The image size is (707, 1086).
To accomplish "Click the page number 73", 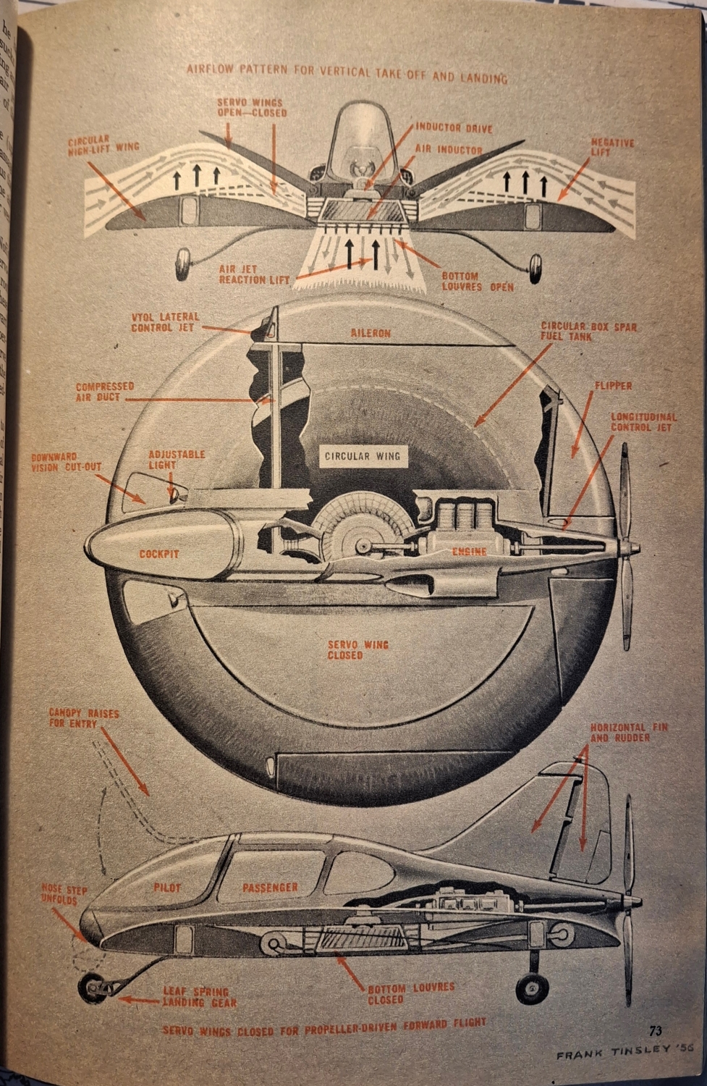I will tap(656, 1031).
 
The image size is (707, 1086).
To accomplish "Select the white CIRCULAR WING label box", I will tap(362, 456).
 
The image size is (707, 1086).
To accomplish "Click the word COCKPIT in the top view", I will tap(159, 554).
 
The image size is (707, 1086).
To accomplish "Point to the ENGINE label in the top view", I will tap(470, 552).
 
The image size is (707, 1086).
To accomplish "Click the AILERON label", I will tap(371, 334).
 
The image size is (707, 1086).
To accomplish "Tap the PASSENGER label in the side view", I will tap(270, 887).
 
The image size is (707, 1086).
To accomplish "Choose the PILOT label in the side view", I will tap(167, 887).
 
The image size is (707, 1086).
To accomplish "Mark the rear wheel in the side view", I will tap(532, 988).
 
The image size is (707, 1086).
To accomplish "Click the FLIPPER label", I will tap(613, 386).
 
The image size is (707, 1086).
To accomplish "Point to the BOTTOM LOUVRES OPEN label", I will tap(478, 282).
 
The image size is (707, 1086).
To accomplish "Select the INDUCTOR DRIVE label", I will tap(454, 129).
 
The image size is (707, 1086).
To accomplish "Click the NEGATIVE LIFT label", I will tap(612, 148).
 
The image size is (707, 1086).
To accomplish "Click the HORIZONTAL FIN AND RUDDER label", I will tap(629, 732).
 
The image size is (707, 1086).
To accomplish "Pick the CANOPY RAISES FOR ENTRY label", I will tap(84, 718).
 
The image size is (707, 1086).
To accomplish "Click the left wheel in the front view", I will tap(182, 265).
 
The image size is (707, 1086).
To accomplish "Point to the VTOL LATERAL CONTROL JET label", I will tap(165, 322).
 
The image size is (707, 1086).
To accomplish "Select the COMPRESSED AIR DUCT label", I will tap(105, 392).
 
